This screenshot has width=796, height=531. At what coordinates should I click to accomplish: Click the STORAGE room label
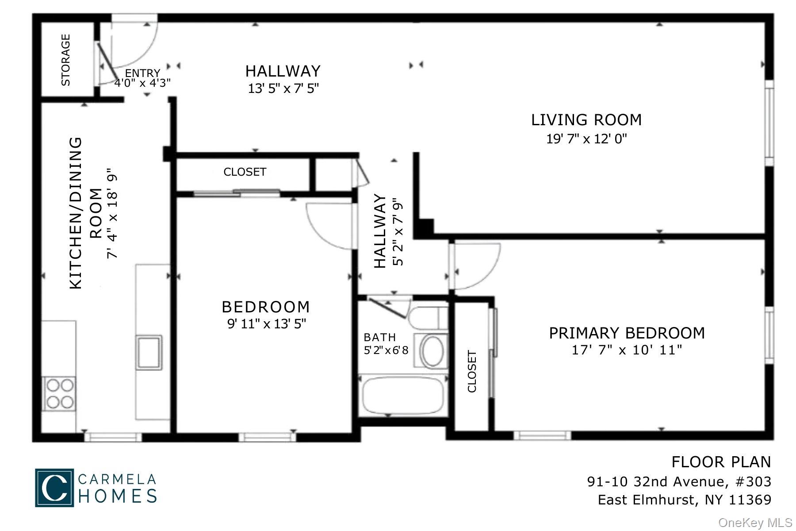pyautogui.click(x=65, y=60)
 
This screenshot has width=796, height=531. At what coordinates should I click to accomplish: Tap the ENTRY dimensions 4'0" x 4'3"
pyautogui.click(x=142, y=83)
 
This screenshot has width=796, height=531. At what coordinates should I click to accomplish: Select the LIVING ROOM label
pyautogui.click(x=586, y=120)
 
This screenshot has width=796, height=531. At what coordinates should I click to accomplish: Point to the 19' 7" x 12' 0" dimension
pyautogui.click(x=586, y=139)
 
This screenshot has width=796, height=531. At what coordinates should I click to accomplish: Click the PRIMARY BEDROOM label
pyautogui.click(x=627, y=333)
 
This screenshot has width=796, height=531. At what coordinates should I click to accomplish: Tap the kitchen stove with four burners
pyautogui.click(x=59, y=393)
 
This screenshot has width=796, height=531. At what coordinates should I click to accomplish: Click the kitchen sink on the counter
pyautogui.click(x=149, y=352)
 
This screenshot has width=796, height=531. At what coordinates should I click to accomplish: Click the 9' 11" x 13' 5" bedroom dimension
pyautogui.click(x=266, y=324)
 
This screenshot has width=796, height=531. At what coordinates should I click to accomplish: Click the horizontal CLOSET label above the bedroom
pyautogui.click(x=245, y=172)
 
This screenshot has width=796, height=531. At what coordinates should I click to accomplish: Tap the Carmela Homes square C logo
pyautogui.click(x=54, y=487)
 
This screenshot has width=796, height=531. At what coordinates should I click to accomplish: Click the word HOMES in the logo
pyautogui.click(x=118, y=496)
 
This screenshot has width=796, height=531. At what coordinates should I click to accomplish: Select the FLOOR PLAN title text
pyautogui.click(x=721, y=462)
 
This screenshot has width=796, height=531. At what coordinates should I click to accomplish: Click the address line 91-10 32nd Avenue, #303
pyautogui.click(x=679, y=481)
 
